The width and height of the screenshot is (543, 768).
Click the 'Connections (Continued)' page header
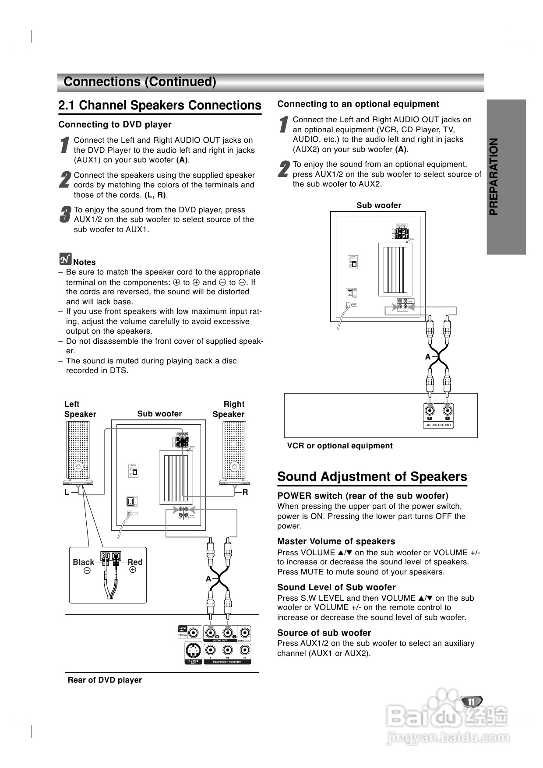[x=140, y=82]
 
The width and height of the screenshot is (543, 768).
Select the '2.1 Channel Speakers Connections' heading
[x=160, y=106]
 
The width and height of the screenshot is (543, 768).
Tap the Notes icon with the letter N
[x=65, y=259]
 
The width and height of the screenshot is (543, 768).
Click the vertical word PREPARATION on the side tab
[x=494, y=176]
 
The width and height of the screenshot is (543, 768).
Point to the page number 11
[x=471, y=701]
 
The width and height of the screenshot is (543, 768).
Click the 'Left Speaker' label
[x=80, y=409]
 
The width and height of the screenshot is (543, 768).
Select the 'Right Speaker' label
[x=229, y=409]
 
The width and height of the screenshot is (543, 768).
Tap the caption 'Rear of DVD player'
[x=105, y=680]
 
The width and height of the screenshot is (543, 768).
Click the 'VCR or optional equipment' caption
[x=340, y=446]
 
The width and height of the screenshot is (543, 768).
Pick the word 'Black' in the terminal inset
[x=83, y=562]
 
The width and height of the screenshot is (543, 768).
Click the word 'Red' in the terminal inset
[x=135, y=562]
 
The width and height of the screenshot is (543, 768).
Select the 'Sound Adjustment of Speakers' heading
[x=372, y=476]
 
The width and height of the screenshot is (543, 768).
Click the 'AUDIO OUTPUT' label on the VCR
[x=439, y=425]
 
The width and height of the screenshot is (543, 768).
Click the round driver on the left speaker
[x=78, y=466]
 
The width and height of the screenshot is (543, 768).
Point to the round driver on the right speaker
[x=234, y=466]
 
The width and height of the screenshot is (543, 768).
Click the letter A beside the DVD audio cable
[x=208, y=579]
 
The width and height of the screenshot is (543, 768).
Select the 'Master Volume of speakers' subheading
[x=336, y=541]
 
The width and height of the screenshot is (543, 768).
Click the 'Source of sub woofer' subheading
[x=324, y=633]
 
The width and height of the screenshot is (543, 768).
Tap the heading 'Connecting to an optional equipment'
[x=358, y=104]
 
